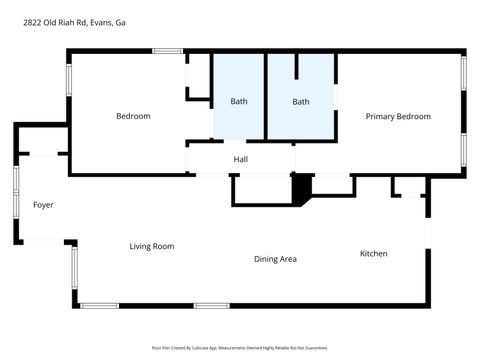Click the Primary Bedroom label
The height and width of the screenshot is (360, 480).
(x=398, y=117)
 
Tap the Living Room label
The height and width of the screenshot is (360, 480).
(x=152, y=246)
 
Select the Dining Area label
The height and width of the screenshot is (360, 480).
(x=275, y=259)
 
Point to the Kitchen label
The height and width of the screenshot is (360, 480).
(x=374, y=254)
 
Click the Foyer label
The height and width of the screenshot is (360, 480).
(x=42, y=205)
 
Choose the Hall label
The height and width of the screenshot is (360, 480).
(x=240, y=160)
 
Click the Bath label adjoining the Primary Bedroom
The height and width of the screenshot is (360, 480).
(x=301, y=102)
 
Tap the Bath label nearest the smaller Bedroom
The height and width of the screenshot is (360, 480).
(x=239, y=102)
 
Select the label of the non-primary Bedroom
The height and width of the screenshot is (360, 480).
(x=133, y=117)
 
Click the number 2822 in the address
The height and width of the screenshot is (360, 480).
(x=33, y=21)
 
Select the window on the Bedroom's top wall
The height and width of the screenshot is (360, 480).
(x=167, y=51)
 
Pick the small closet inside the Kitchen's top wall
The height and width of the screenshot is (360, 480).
(x=408, y=187)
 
